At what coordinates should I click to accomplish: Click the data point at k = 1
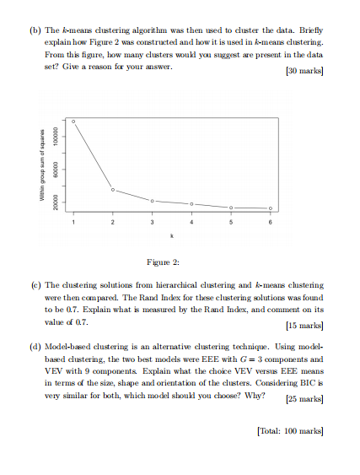[73, 121]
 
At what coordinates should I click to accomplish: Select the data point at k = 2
[113, 190]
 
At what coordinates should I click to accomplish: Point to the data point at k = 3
[153, 201]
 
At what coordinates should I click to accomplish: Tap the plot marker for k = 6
[271, 208]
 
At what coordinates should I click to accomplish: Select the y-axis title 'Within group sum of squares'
[37, 166]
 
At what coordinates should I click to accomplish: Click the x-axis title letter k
[172, 235]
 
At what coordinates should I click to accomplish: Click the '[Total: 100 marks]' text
[287, 430]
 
